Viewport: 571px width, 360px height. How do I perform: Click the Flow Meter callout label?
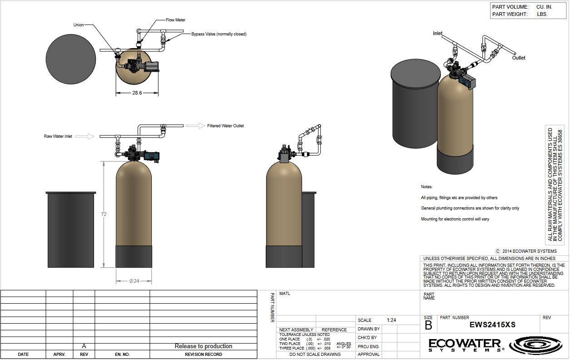[176, 20]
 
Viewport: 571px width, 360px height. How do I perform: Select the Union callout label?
[79, 25]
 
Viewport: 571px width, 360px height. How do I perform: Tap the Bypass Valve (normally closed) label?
[219, 34]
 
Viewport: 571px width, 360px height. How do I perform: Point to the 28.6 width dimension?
[137, 93]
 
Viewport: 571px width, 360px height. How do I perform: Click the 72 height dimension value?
[104, 214]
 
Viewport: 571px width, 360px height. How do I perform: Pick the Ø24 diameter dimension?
[134, 281]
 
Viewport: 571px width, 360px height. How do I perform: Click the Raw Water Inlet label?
[58, 136]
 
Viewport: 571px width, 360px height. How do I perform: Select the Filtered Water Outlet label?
[225, 126]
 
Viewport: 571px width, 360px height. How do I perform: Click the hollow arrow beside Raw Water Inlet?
[84, 136]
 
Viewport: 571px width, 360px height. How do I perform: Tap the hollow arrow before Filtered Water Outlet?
[195, 125]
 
